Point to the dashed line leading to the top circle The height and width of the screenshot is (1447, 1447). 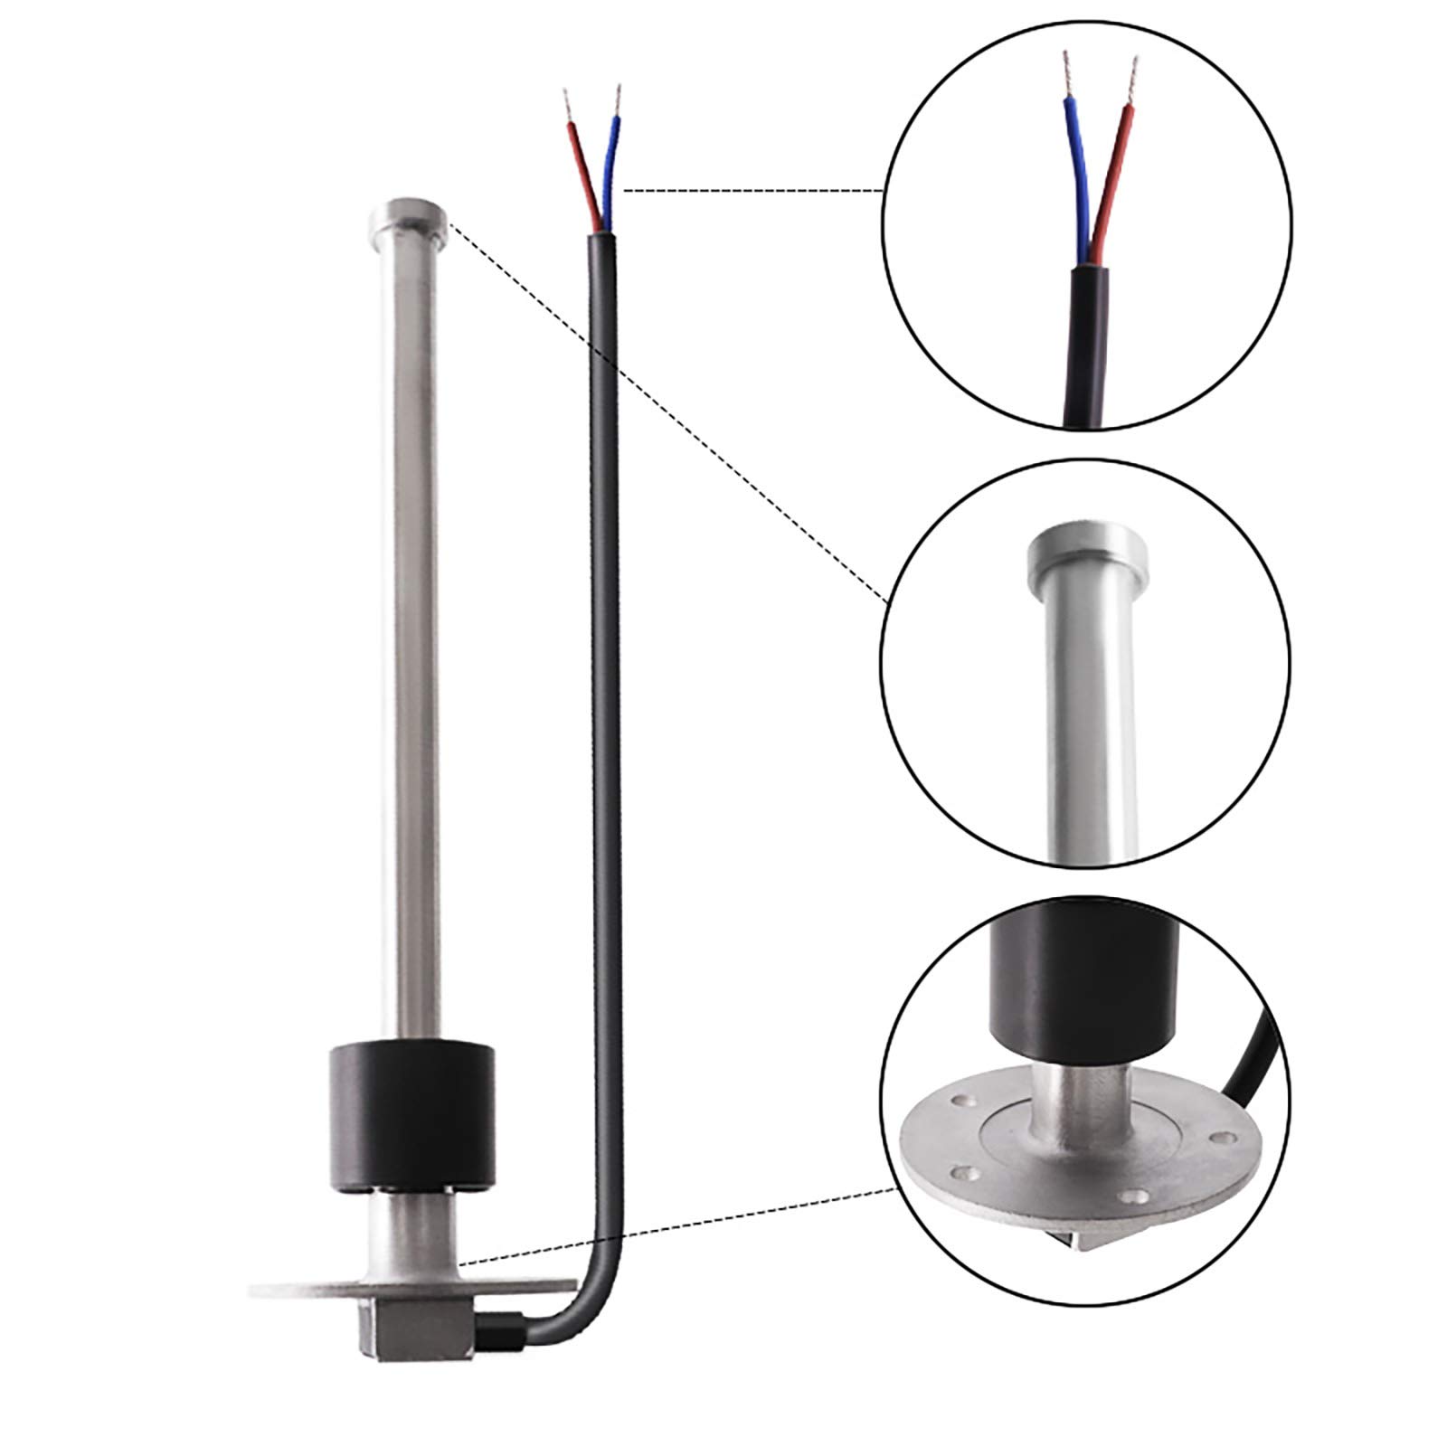(x=751, y=191)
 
